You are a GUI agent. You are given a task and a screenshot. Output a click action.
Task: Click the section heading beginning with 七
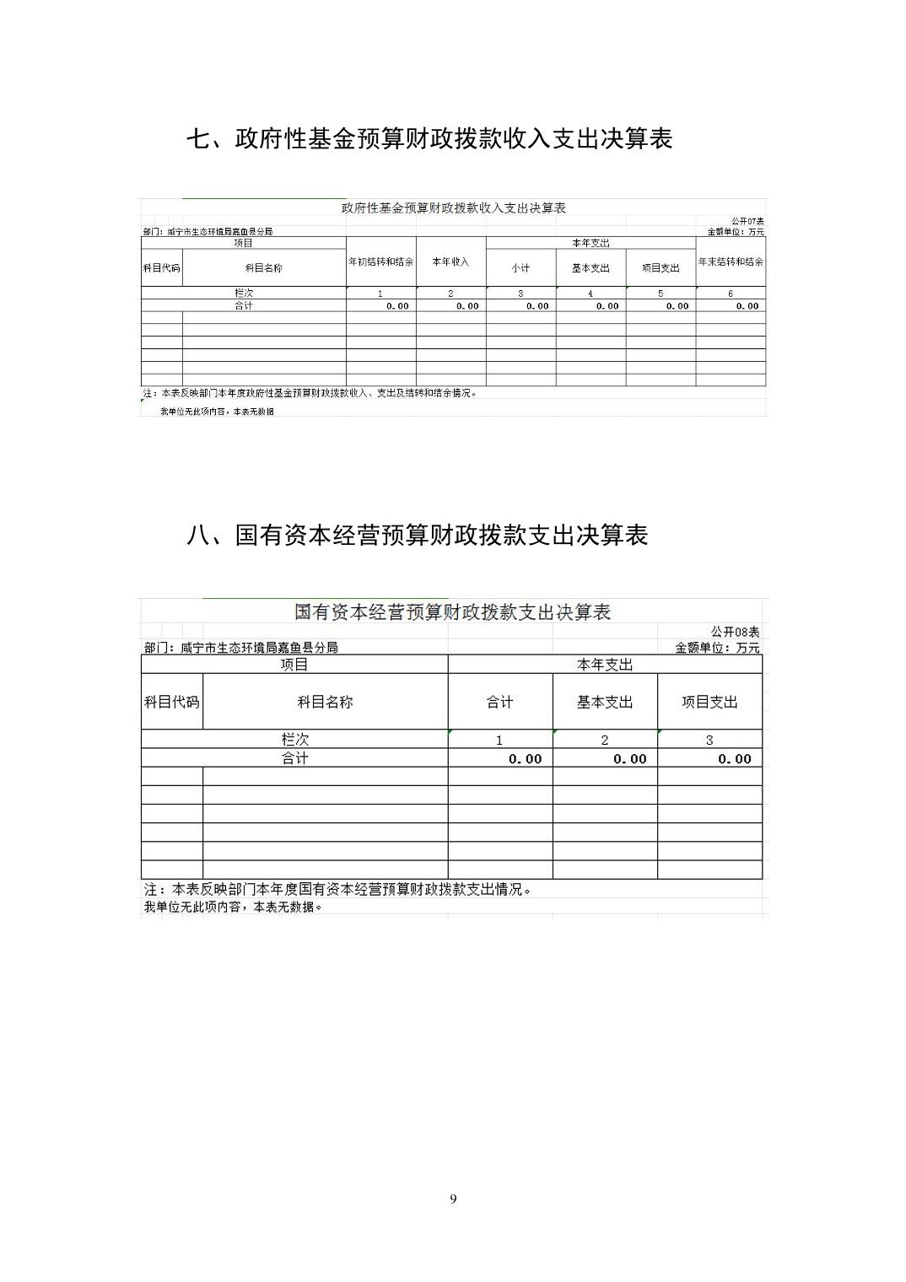point(429,139)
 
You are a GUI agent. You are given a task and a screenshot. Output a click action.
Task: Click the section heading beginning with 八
point(417,535)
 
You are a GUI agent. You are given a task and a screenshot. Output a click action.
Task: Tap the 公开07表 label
point(747,221)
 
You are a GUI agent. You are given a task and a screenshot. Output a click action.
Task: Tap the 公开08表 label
point(735,632)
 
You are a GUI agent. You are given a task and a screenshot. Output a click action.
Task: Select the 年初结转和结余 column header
point(380,262)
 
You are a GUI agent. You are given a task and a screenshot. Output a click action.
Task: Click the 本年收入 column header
point(450,262)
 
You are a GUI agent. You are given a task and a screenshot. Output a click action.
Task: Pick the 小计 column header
point(520,268)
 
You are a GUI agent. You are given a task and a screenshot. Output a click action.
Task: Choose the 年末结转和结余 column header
point(731,262)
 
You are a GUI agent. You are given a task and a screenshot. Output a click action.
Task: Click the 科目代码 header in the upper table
point(161,268)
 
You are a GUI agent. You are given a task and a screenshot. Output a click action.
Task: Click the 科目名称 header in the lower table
point(325,702)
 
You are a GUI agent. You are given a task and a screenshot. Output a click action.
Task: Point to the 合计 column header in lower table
point(499,702)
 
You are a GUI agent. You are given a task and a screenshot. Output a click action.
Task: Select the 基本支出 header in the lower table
point(605,702)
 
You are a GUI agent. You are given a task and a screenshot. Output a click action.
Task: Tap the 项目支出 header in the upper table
point(661,268)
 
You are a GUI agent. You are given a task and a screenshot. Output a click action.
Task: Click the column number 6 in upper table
point(731,294)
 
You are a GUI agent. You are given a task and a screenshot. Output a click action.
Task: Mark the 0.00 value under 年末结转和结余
point(747,306)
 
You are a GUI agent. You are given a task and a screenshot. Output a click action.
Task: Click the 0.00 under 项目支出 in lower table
point(734,759)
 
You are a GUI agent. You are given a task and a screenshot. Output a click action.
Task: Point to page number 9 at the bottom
point(453,1199)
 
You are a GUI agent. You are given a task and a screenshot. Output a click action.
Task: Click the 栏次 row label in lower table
point(294,740)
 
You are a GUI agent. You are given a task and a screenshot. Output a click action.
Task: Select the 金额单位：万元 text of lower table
point(717,648)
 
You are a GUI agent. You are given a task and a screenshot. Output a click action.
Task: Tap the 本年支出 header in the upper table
point(591,243)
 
